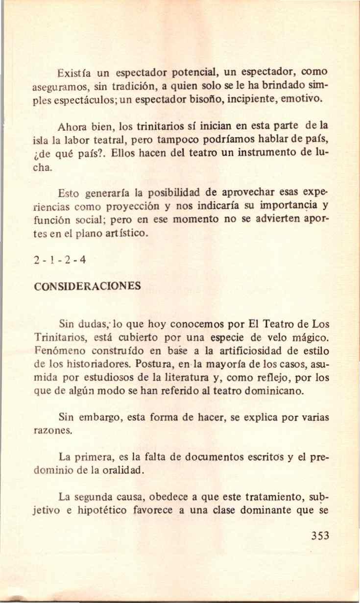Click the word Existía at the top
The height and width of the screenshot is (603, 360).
click(x=72, y=75)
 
